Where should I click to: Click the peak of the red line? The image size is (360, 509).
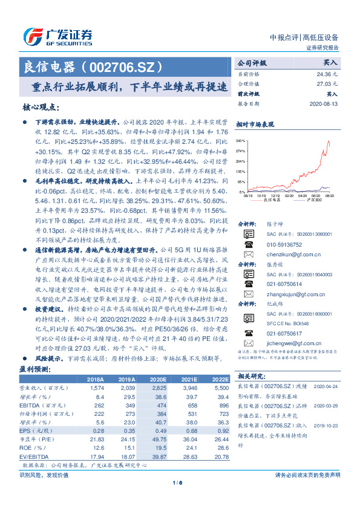(346, 141)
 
